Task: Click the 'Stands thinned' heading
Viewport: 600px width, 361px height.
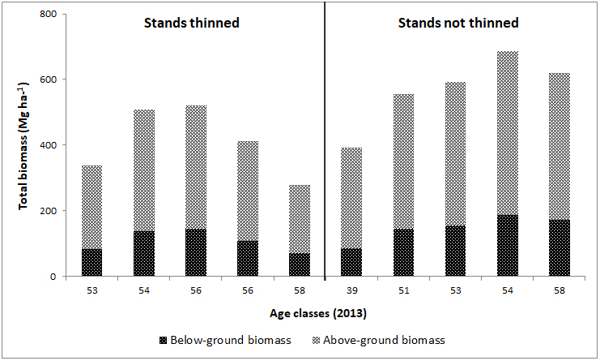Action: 191,23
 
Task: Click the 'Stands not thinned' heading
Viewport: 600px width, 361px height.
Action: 458,23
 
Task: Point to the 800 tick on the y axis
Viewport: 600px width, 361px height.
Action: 49,14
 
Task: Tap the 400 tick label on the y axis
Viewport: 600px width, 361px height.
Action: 49,145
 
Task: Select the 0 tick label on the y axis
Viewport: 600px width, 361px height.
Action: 53,277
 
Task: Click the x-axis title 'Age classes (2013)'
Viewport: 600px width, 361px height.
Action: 318,313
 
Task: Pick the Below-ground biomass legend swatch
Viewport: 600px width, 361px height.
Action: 163,340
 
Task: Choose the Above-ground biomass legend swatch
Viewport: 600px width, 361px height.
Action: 316,340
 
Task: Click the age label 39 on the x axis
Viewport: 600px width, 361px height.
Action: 351,291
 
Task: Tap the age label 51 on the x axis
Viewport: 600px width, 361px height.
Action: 404,291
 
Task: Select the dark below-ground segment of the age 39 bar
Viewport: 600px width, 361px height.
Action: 351,263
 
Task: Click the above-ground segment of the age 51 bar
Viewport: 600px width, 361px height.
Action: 404,161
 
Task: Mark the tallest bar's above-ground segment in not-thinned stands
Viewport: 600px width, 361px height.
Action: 508,133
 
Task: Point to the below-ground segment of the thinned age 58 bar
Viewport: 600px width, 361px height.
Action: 300,264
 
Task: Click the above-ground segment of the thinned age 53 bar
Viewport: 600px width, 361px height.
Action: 92,208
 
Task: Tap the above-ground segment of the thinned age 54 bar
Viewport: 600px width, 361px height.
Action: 144,170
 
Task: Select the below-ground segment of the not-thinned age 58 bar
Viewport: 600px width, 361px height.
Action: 560,248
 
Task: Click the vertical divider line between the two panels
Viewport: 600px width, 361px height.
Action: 325,140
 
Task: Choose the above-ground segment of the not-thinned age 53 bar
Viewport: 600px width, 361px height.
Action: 455,154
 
